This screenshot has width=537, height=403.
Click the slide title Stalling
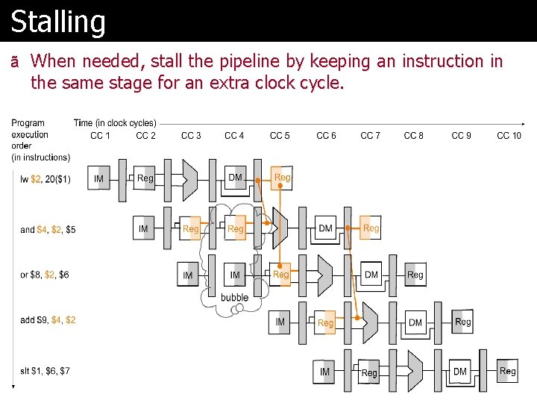[58, 21]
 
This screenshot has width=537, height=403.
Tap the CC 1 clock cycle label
[100, 135]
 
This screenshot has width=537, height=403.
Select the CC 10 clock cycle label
[509, 135]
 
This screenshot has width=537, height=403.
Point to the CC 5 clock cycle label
[280, 135]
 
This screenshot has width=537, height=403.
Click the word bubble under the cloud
[234, 297]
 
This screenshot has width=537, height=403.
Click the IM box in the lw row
[99, 179]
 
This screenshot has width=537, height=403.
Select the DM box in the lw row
[235, 178]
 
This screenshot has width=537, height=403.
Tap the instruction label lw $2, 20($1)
[45, 179]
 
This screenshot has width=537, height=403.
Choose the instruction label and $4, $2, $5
[48, 229]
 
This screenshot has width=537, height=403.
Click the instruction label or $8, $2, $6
[45, 275]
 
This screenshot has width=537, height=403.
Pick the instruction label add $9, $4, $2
[48, 320]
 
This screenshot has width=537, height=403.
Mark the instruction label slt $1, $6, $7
[45, 371]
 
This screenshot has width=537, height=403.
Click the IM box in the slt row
[324, 372]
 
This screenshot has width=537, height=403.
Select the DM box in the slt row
[460, 371]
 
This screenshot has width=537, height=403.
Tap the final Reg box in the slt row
[507, 371]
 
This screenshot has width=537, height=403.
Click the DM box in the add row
[415, 322]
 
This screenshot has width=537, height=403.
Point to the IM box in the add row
[280, 322]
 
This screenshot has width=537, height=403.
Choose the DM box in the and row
[325, 228]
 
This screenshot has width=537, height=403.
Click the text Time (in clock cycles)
[115, 122]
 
